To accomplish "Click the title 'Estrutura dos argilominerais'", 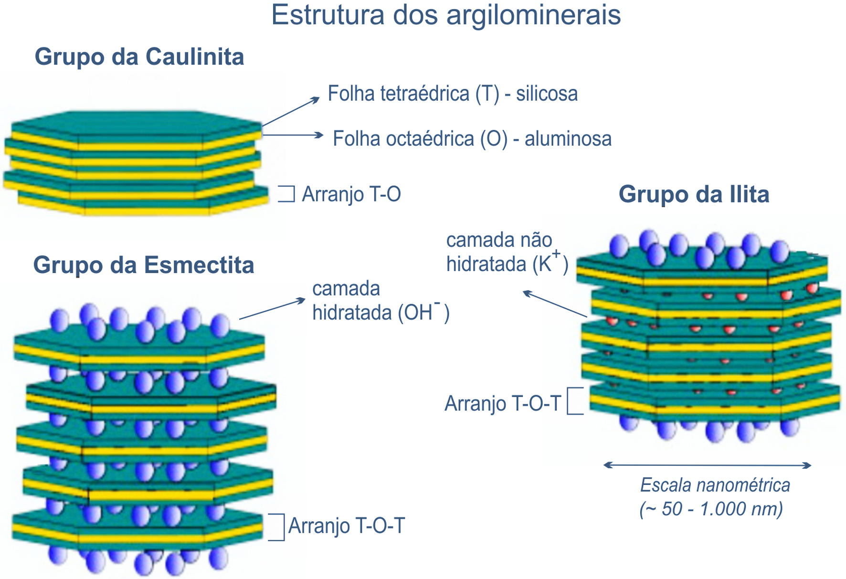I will pos(446,15).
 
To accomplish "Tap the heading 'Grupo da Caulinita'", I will pos(139,57).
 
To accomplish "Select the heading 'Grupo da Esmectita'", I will pos(143,265).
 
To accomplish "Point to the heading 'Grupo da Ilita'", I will pos(694,194).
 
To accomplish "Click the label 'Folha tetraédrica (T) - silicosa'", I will pos(452,94).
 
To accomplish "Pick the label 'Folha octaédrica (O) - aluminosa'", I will pos(472,139).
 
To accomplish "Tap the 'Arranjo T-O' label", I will pos(351,194).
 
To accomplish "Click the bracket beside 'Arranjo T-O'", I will pos(287,194).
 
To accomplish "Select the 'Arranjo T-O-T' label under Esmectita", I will pos(347,526).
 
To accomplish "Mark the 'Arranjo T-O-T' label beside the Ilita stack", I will pos(502,404).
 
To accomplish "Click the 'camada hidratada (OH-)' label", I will pos(380,301).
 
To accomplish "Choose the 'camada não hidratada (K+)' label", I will pos(507,252).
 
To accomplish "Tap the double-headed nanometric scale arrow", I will pos(707,465).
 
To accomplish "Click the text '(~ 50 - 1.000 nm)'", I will pos(711,509).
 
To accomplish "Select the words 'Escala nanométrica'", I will pos(715,485).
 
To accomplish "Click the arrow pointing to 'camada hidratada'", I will pos(272,309).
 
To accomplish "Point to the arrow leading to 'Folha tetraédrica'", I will pos(290,111).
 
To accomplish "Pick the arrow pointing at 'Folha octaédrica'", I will pos(293,135).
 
